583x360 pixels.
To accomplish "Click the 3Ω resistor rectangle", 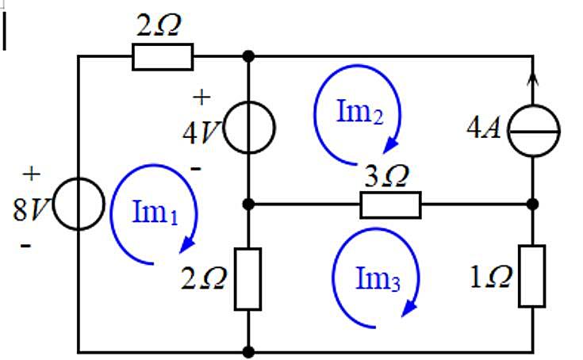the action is pyautogui.click(x=390, y=205).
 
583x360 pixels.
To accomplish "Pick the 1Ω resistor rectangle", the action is pyautogui.click(x=532, y=276).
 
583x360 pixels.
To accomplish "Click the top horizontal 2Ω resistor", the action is pyautogui.click(x=163, y=57).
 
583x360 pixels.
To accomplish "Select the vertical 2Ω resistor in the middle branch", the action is pyautogui.click(x=248, y=279).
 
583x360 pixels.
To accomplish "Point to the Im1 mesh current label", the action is pyautogui.click(x=155, y=212).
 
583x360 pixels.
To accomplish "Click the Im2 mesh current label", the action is pyautogui.click(x=359, y=112).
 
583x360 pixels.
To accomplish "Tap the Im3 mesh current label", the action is pyautogui.click(x=378, y=278).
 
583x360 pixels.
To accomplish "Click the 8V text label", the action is pyautogui.click(x=31, y=209).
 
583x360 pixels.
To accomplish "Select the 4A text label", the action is pyautogui.click(x=483, y=128).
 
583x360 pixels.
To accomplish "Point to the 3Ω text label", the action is pyautogui.click(x=387, y=176).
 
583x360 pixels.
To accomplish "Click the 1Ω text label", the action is pyautogui.click(x=491, y=277).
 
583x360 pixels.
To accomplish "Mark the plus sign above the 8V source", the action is pyautogui.click(x=32, y=174).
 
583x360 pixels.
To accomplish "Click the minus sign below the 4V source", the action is pyautogui.click(x=196, y=169).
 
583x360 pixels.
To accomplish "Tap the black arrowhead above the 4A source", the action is pyautogui.click(x=533, y=79).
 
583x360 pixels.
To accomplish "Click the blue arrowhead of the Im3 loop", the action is pyautogui.click(x=409, y=309).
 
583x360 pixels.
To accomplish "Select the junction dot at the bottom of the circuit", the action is pyautogui.click(x=248, y=351).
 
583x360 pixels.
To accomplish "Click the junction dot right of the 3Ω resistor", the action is pyautogui.click(x=533, y=204).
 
